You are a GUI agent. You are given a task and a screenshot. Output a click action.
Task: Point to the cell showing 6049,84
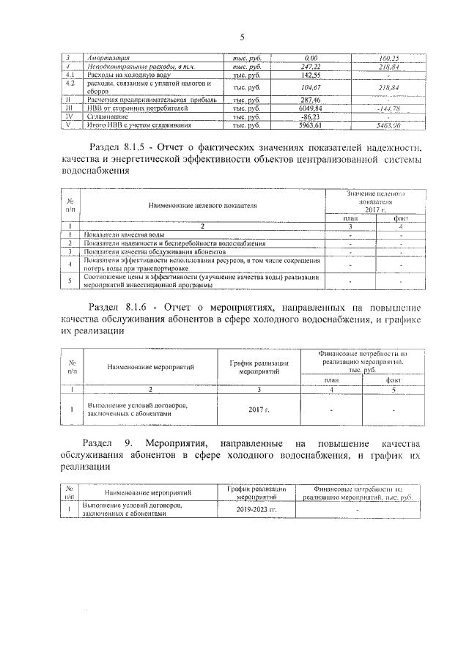tap(311, 108)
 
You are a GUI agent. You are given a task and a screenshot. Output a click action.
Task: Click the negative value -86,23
tap(311, 116)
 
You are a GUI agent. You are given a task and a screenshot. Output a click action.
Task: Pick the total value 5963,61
tap(311, 125)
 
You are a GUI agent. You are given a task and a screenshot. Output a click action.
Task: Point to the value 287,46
tap(311, 99)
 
